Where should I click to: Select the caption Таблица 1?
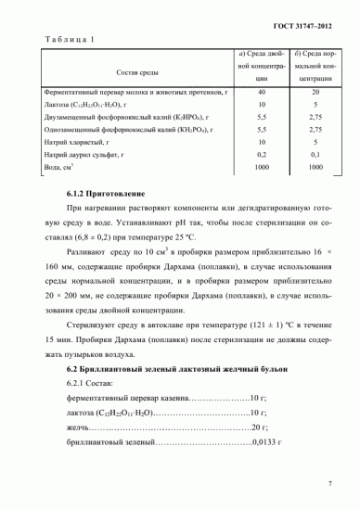tap(69, 40)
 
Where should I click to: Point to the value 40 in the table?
tap(261, 93)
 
